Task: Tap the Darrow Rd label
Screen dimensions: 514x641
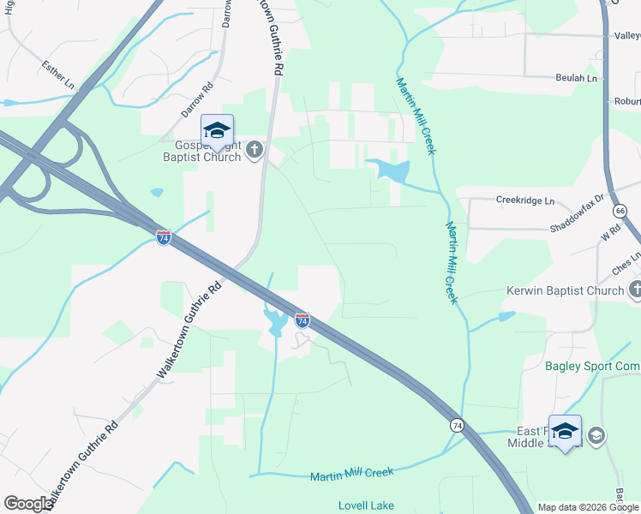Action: (196, 99)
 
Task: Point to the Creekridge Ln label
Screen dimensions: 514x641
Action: (525, 200)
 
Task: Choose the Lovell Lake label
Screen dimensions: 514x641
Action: (366, 505)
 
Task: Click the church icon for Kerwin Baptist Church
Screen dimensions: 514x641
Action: (634, 290)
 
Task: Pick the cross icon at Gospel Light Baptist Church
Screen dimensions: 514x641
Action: (254, 151)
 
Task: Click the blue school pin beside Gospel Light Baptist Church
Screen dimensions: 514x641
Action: (218, 131)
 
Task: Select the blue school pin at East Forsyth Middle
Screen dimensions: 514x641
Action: (565, 433)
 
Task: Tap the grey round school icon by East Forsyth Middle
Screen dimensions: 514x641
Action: (597, 436)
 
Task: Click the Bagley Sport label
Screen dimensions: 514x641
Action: (592, 367)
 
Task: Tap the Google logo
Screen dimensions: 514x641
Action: (27, 504)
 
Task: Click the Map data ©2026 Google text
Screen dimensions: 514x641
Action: (589, 507)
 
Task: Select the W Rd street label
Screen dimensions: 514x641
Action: (610, 233)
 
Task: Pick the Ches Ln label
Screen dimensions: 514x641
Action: (626, 264)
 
